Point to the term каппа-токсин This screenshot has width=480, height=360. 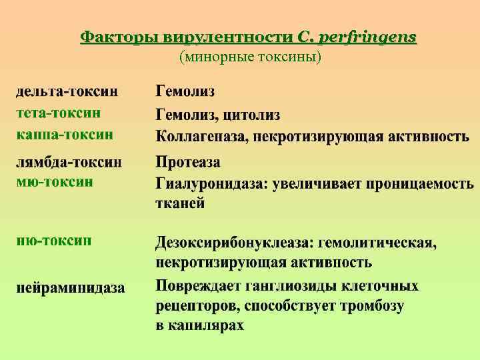coord(65,135)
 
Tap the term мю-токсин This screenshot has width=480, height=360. coord(55,181)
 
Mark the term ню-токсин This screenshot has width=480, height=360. coord(55,240)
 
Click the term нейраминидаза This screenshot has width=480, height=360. coord(71,288)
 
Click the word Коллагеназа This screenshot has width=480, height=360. coord(201,136)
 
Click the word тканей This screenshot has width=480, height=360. coord(180,203)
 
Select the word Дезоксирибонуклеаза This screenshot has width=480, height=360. coord(235,243)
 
